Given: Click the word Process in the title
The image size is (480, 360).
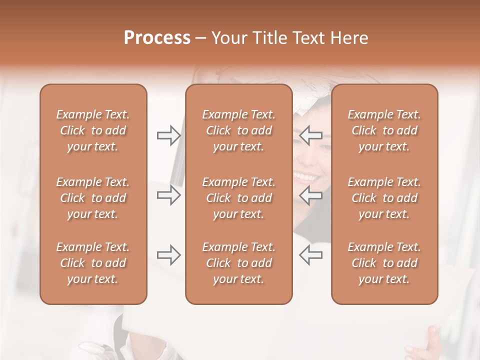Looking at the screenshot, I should point(157,38).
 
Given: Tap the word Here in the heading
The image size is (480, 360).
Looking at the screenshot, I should point(349,38).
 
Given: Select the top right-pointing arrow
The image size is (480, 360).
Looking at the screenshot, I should point(168,135).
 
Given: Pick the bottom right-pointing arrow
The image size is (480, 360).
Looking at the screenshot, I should point(168,255).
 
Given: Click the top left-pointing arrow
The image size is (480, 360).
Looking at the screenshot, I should point(311,135).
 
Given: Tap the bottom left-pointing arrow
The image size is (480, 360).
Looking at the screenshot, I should point(311,255).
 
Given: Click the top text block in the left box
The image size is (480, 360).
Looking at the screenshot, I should point(93,130).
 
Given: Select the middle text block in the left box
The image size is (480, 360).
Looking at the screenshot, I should point(93,198).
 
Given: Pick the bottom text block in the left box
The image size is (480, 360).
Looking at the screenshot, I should point(93,263).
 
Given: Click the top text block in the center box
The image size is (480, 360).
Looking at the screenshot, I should point(239,130).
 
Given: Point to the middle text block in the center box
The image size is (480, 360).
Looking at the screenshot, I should point(239,198).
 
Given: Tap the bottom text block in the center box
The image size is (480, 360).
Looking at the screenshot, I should point(239,263).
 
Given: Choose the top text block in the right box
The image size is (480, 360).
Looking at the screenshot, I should point(384,130).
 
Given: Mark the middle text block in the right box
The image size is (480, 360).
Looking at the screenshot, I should point(384,198).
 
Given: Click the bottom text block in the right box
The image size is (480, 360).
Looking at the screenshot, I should point(384,263).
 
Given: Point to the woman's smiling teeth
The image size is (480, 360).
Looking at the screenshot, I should point(306,176).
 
